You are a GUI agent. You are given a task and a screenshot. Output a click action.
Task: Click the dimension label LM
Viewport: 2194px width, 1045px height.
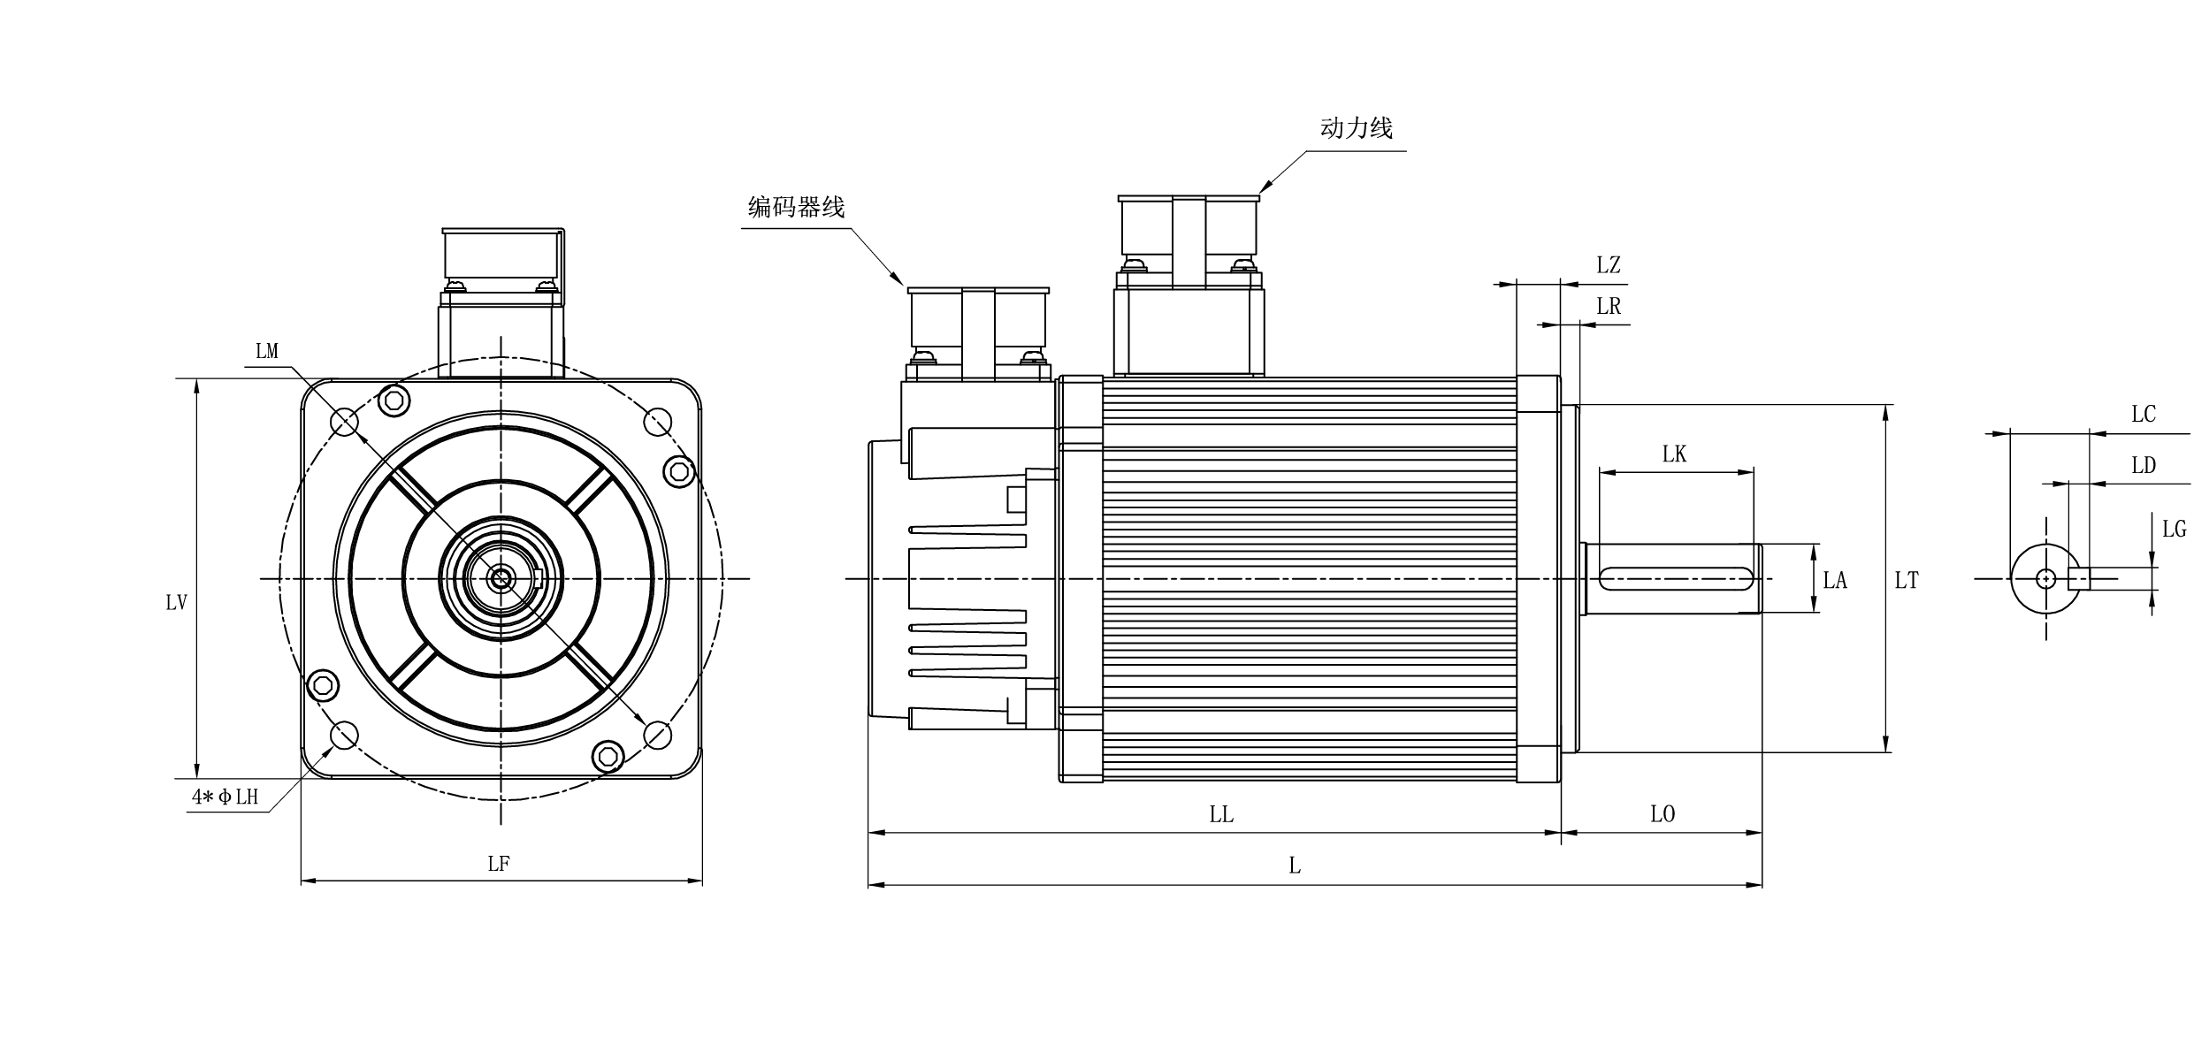267,352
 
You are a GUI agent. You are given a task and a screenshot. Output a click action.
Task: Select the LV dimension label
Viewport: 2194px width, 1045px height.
176,603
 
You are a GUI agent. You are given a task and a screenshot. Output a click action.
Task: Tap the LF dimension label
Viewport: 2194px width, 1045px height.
499,864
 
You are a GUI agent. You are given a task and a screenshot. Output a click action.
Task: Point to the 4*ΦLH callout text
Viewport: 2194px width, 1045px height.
226,797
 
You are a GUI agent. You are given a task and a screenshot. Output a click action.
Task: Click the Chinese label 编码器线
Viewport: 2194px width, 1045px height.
796,208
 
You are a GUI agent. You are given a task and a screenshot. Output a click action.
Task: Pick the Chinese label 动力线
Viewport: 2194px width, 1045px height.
1356,129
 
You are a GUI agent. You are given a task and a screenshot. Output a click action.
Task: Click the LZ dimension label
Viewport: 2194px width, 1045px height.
1609,265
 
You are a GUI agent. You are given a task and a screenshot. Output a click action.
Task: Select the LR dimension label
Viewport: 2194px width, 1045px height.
1609,307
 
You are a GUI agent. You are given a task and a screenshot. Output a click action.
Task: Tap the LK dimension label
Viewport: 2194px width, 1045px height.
1674,454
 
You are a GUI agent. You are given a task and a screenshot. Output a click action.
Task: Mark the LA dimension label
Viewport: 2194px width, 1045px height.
1835,581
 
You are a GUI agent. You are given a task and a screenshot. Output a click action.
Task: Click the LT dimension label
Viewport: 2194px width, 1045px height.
1907,581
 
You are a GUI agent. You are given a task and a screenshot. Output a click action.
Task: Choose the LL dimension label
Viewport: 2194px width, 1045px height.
1221,814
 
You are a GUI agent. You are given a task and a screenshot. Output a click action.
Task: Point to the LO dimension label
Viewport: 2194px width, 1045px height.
1663,814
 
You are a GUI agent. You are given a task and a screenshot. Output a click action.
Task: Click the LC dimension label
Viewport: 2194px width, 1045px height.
2144,415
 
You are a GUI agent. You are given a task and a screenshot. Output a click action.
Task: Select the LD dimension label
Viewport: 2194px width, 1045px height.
2144,466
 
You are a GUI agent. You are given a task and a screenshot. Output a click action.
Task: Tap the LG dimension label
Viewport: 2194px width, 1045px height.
2175,530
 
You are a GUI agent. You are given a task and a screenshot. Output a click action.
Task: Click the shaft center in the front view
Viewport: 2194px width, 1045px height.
501,579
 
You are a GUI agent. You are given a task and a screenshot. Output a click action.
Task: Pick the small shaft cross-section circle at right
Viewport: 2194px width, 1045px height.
2045,579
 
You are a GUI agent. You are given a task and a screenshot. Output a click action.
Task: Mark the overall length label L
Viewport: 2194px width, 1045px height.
1295,866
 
